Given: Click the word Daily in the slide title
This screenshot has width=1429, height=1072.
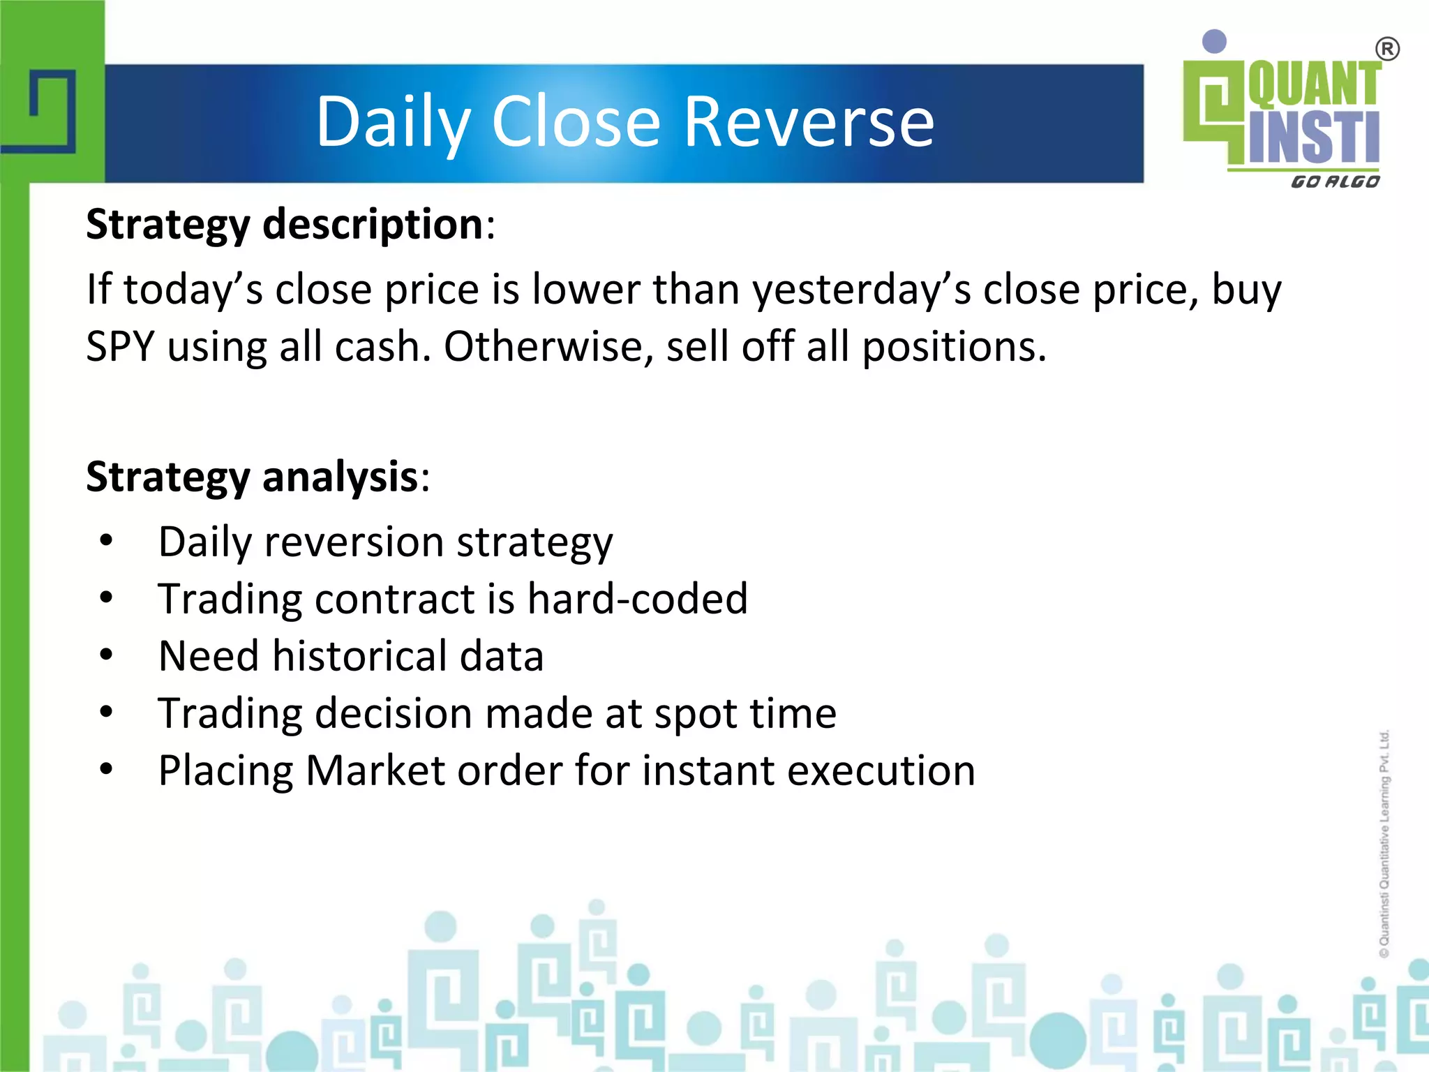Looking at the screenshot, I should click(x=393, y=122).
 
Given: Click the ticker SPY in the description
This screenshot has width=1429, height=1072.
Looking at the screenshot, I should click(x=119, y=346).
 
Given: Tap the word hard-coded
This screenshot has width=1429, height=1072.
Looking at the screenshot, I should click(x=637, y=599).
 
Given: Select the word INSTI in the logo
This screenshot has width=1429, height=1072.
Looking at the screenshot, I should click(x=1314, y=136).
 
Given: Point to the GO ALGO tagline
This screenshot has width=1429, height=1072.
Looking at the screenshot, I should click(x=1335, y=182).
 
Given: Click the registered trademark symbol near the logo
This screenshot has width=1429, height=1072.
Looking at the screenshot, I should click(x=1387, y=50).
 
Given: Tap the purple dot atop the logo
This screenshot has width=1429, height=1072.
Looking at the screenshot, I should click(x=1215, y=41).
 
